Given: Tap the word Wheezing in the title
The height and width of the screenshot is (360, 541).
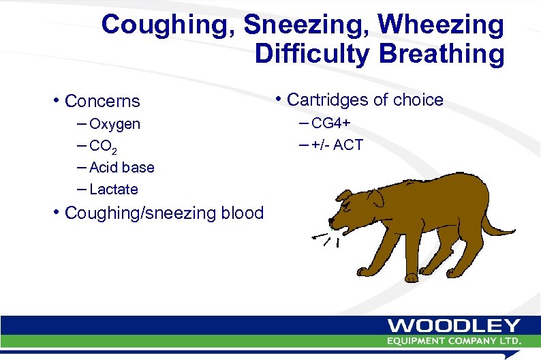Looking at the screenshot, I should [442, 25].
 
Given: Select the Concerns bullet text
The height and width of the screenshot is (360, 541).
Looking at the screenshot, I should [102, 102].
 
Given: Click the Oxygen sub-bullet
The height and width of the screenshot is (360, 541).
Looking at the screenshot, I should [114, 124].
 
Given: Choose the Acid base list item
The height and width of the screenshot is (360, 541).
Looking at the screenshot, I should [121, 167].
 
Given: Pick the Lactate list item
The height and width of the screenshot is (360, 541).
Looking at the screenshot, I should [113, 189].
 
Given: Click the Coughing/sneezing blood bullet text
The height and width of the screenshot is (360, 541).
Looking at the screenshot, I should [164, 213].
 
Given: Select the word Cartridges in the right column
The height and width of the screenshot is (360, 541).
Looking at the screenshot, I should [326, 100].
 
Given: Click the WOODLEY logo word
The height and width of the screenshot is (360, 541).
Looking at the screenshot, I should [454, 327].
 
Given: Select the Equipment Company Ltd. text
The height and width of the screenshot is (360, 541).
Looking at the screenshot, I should [454, 340].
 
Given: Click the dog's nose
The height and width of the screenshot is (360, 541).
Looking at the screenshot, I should [331, 222].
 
